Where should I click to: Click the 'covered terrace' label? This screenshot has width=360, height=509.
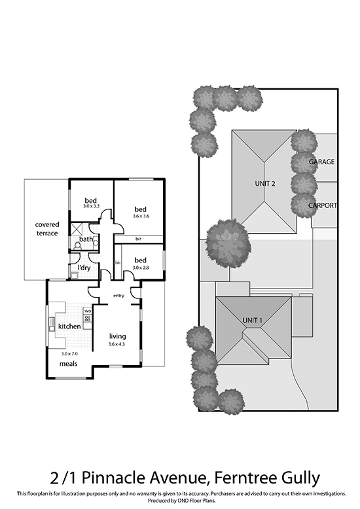(x=47, y=229)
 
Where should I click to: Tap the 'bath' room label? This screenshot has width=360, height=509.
(x=86, y=239)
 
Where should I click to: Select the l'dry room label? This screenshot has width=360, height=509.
(x=84, y=268)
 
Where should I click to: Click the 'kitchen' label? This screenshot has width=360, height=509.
(x=69, y=326)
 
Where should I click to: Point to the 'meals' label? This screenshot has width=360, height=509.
(x=69, y=364)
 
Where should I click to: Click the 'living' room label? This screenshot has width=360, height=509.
(x=117, y=337)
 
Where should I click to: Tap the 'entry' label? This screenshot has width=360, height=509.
(x=118, y=296)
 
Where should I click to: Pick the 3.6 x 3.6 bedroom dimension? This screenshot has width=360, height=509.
(x=141, y=216)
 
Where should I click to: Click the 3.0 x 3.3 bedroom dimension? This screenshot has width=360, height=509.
(x=91, y=206)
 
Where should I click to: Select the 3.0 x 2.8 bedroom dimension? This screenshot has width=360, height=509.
(x=141, y=268)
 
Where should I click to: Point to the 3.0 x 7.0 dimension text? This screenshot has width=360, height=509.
(x=69, y=354)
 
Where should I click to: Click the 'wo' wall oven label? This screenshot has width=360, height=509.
(x=88, y=311)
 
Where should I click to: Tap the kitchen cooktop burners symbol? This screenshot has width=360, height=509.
(x=88, y=318)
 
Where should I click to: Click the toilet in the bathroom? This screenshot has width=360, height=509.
(x=78, y=245)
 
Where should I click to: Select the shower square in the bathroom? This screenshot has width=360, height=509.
(x=77, y=229)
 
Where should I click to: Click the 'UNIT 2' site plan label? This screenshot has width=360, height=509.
(x=265, y=184)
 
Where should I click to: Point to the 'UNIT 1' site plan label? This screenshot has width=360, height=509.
(x=253, y=321)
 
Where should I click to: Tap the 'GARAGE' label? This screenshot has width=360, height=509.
(x=321, y=162)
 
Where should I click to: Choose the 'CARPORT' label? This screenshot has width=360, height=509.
(x=323, y=205)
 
